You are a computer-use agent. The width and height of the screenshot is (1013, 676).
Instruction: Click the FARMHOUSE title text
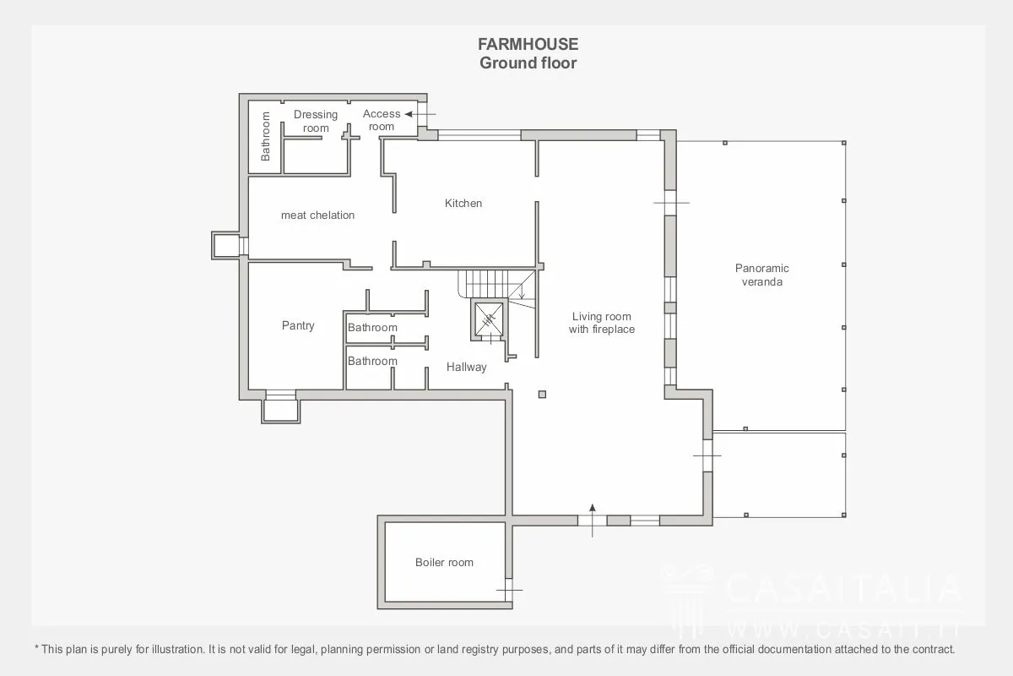pos(528,45)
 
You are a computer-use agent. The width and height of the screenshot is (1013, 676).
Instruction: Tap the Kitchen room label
pos(463,204)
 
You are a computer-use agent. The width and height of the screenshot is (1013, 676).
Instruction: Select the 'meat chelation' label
pos(317,215)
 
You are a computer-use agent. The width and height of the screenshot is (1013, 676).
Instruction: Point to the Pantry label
pos(297,325)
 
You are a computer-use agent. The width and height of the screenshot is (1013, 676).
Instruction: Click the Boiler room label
pos(444,563)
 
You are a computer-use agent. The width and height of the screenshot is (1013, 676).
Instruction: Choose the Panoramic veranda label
pos(761,275)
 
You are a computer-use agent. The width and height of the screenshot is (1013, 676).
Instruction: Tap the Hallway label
pos(466,367)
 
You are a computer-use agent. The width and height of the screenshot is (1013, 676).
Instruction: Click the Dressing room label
pos(316,121)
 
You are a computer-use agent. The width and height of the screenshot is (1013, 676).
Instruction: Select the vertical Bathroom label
pos(265,136)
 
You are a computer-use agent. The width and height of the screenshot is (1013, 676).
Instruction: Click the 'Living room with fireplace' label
pos(601,323)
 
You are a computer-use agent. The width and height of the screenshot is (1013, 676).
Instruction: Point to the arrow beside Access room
pos(420,114)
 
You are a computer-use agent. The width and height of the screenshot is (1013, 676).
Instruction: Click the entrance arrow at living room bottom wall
pos(593,521)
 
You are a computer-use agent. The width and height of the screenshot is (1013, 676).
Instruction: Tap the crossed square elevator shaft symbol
pos(489,319)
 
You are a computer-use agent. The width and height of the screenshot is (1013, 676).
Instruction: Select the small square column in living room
pos(542,395)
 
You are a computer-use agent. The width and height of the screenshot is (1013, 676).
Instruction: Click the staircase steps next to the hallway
pos(496,285)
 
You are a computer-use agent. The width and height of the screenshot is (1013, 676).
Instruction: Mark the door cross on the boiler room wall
pos(509,590)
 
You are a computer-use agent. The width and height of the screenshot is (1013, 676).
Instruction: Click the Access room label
pos(382,120)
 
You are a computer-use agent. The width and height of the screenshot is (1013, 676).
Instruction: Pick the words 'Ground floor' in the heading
pos(528,63)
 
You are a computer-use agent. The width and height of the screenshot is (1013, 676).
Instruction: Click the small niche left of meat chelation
pos(226,246)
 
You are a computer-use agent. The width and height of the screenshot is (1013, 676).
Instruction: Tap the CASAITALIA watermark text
pos(843,588)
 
